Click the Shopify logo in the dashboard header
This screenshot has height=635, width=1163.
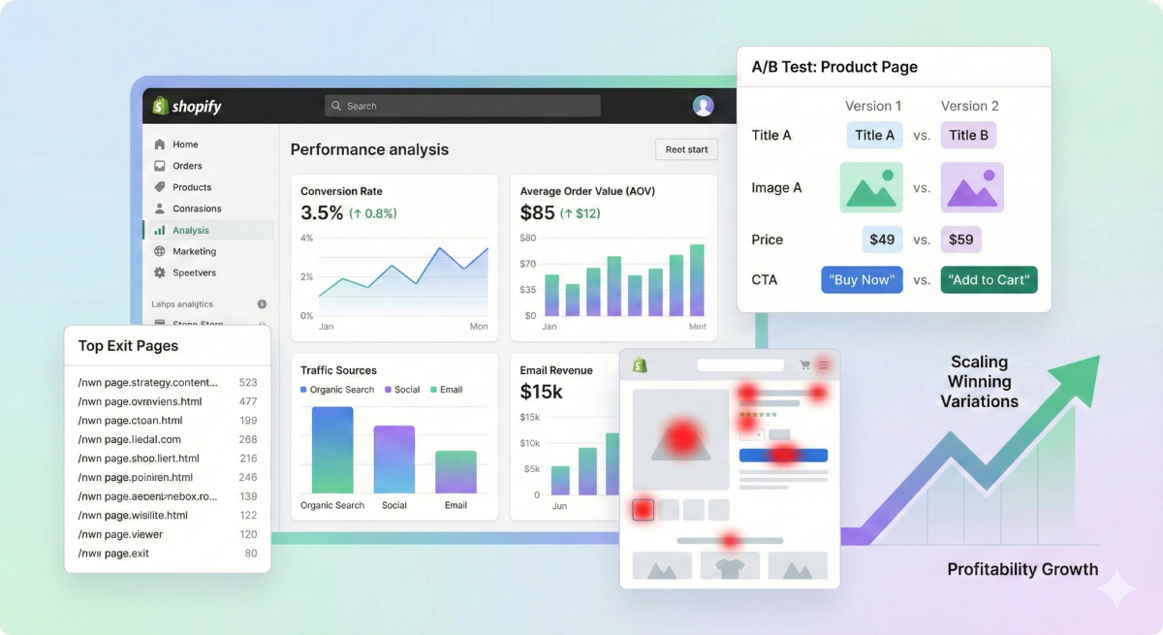(x=187, y=107)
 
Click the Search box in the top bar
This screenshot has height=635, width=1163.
(x=462, y=106)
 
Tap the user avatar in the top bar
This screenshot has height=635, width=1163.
(x=704, y=106)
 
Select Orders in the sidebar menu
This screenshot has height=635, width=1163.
(x=187, y=166)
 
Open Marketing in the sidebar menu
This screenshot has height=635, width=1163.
(x=194, y=251)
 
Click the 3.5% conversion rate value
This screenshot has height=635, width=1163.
(x=322, y=213)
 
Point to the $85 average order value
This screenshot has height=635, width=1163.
(x=537, y=213)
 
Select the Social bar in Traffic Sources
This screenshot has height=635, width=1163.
(x=394, y=460)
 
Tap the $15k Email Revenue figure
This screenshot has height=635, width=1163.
(x=542, y=392)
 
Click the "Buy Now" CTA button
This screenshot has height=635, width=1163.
(x=862, y=280)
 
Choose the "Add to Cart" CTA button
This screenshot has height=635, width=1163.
(x=989, y=280)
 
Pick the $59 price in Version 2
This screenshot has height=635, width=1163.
(x=960, y=239)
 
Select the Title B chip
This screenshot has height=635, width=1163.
(x=968, y=135)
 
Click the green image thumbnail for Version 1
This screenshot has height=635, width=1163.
(x=870, y=187)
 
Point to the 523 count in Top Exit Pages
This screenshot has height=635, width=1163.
(x=247, y=383)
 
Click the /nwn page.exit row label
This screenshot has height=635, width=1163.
(x=113, y=554)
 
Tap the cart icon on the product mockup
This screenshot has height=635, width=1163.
(x=804, y=365)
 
